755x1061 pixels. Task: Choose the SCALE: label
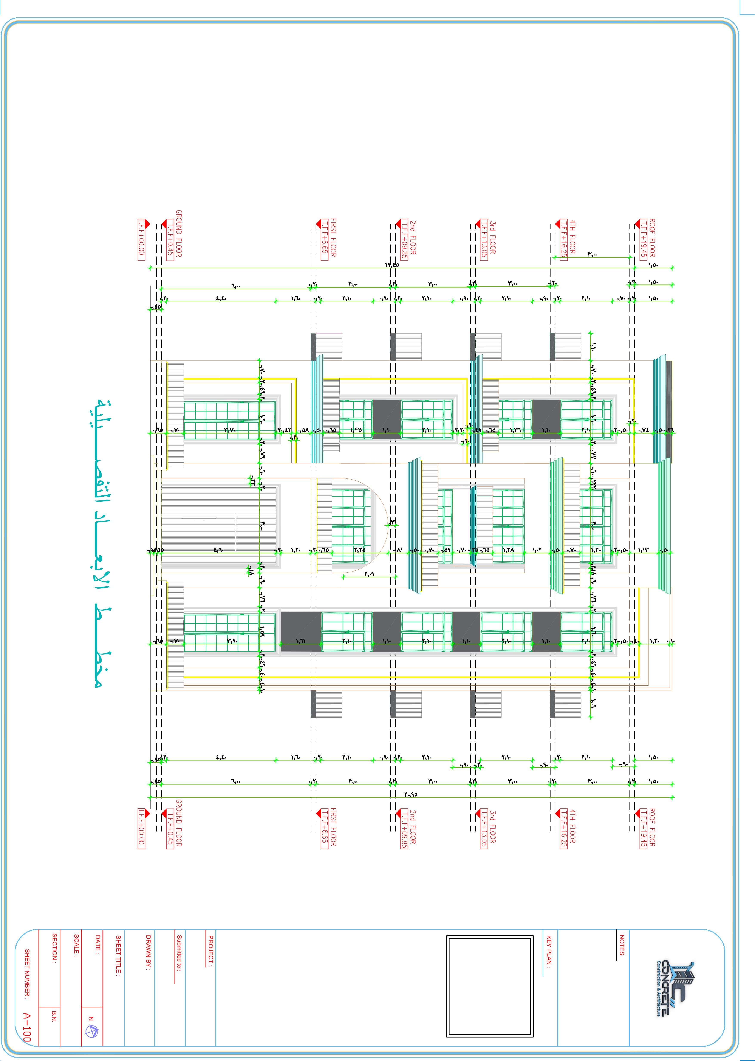click(76, 945)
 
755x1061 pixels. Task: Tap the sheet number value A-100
click(27, 1027)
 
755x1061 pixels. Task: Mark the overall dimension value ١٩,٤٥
click(392, 265)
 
